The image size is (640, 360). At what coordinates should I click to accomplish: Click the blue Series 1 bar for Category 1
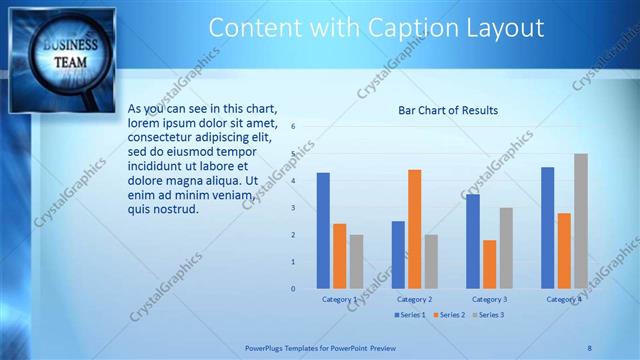pos(323,231)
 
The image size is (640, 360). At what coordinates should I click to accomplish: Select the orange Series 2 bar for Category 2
pos(414,229)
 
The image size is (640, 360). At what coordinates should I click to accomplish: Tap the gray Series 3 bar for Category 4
pos(580,221)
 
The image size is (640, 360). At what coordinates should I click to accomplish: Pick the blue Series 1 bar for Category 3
pos(472,241)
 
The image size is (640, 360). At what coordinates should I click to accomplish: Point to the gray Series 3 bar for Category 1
pos(356,262)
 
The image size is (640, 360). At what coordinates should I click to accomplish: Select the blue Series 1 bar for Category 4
pos(547,228)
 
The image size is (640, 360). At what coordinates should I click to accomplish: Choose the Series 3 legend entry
pos(487,315)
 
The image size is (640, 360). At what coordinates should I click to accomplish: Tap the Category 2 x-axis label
pos(414,299)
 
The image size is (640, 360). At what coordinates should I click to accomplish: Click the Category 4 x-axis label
pos(564,299)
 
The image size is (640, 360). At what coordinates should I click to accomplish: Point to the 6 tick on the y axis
pos(293,127)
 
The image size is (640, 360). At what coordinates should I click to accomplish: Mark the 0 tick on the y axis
pos(293,289)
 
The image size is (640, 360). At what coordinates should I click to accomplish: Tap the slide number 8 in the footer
pos(589,348)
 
